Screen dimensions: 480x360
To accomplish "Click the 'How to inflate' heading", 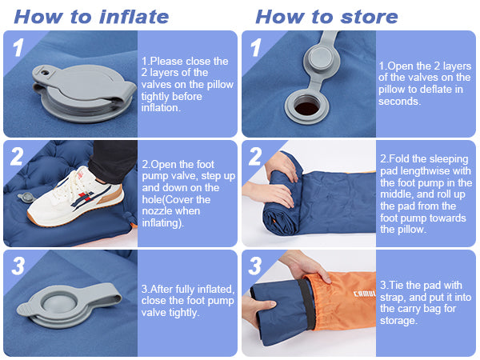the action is [91, 17].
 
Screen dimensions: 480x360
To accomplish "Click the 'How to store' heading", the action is [326, 17].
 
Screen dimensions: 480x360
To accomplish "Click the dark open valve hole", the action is [306, 108].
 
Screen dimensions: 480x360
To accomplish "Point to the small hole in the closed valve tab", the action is [46, 73].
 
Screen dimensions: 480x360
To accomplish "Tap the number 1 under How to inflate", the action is [18, 47].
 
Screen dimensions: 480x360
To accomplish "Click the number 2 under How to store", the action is [255, 157].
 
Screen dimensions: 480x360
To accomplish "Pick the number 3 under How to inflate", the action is [18, 266].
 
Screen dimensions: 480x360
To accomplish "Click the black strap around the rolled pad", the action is [307, 304].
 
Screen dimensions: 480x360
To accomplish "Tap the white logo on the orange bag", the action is [365, 294].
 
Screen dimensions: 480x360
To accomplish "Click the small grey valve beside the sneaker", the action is [26, 197].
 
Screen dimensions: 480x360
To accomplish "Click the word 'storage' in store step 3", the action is [398, 321].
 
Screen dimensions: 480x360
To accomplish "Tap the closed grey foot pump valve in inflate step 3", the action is [69, 305].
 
